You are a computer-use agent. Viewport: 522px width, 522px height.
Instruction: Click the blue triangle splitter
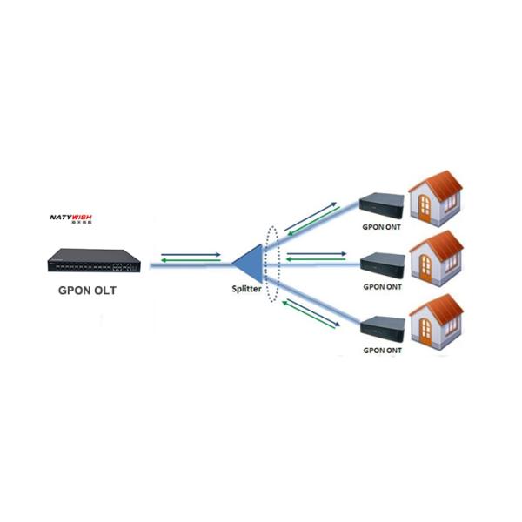pyautogui.click(x=247, y=260)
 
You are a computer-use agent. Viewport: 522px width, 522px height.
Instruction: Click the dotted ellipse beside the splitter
pyautogui.click(x=273, y=264)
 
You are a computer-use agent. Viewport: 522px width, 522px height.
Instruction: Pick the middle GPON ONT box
pyautogui.click(x=382, y=261)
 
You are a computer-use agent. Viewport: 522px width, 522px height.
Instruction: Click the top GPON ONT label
pyautogui.click(x=382, y=224)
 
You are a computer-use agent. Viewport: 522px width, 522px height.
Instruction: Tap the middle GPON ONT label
pyautogui.click(x=382, y=285)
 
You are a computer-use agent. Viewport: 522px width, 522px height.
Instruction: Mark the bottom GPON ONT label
pyautogui.click(x=382, y=350)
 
